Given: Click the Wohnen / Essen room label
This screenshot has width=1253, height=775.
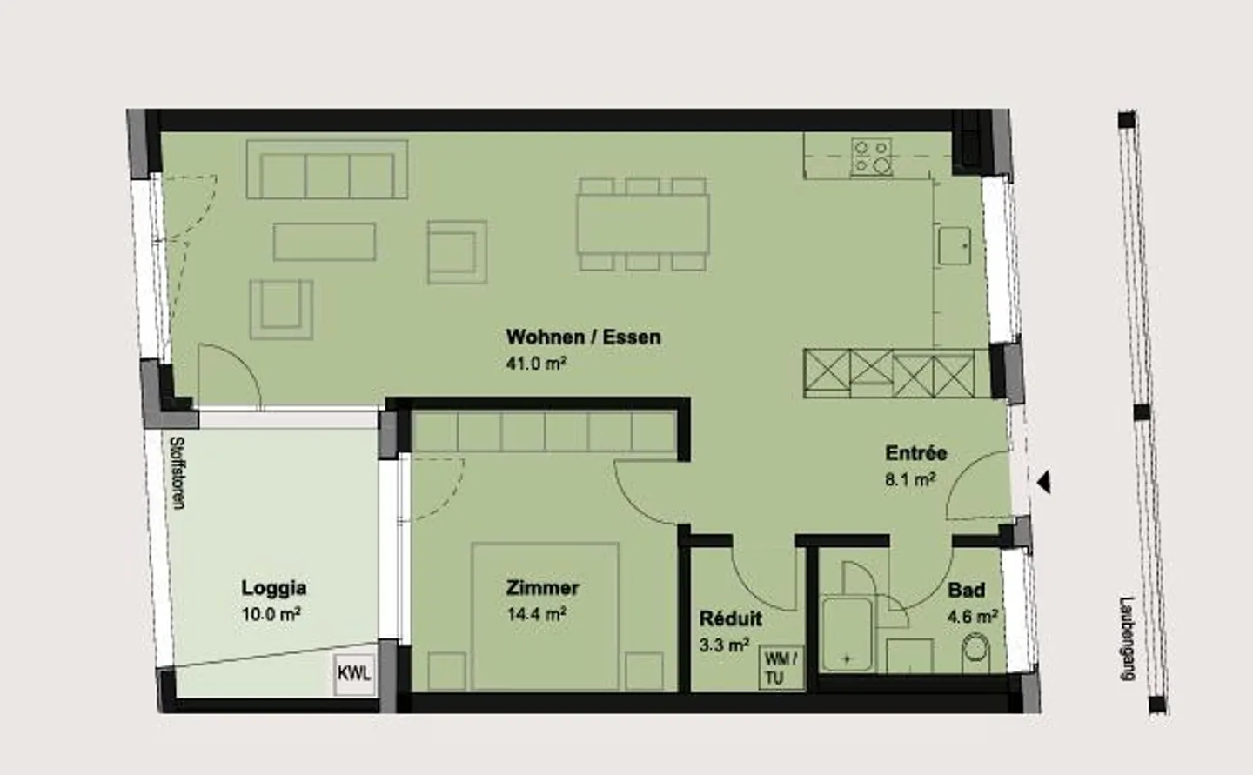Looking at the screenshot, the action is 583,337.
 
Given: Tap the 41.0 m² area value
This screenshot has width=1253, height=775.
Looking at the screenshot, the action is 536,364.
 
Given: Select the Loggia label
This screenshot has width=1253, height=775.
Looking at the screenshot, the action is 273,588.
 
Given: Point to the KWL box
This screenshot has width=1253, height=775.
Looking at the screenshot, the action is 354,674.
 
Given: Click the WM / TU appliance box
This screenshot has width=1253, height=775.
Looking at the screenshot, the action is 781,668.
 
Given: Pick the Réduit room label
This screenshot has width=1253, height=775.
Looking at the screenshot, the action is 731,618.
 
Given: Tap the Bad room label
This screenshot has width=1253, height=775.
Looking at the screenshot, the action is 967,590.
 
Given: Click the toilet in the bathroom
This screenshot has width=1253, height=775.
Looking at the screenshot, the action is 975,652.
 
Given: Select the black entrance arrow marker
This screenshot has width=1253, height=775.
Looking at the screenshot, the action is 1044,483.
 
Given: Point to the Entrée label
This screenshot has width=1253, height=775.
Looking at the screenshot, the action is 915,453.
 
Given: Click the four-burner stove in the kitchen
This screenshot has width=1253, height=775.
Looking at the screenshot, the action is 872,157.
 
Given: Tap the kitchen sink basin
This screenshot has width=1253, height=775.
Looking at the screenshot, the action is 955,245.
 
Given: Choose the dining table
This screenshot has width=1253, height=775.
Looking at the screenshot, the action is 643,224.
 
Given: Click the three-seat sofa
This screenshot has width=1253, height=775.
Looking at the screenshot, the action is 327,170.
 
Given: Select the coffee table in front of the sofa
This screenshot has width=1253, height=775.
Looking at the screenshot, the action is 325,242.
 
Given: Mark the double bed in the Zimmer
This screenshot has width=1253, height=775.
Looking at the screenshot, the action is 545,616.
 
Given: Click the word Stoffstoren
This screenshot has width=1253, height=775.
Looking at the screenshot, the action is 178,473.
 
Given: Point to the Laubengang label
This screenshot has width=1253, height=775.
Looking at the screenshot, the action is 1128,638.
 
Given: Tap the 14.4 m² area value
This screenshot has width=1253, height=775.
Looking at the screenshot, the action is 536,614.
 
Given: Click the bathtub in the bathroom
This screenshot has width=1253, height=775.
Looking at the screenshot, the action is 847,634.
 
